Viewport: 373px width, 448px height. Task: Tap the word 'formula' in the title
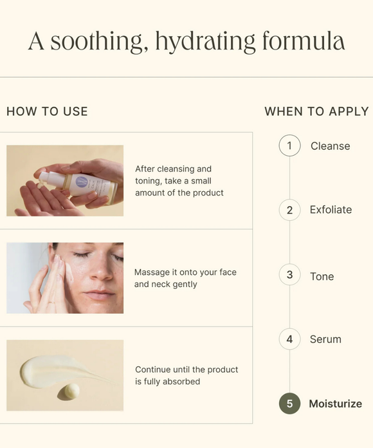(x=304, y=41)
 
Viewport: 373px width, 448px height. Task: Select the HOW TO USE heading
(x=47, y=111)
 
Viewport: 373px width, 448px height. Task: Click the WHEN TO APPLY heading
(x=316, y=111)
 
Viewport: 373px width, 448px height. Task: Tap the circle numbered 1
(x=289, y=145)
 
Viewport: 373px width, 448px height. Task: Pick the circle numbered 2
(x=289, y=210)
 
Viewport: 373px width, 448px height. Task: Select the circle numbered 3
(x=289, y=275)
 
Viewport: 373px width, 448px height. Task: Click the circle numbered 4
(x=289, y=339)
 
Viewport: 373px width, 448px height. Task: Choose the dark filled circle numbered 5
(x=289, y=404)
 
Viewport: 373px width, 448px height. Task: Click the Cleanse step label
(x=330, y=146)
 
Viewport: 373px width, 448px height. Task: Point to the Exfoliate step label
(x=331, y=210)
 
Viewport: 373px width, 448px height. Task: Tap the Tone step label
(x=322, y=277)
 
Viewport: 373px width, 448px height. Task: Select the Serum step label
(x=325, y=339)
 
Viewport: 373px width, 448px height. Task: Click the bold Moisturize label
(x=335, y=404)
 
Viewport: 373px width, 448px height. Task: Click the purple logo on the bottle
(x=82, y=182)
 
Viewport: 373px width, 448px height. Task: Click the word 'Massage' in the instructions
(x=152, y=272)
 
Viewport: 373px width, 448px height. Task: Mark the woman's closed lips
(x=100, y=294)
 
